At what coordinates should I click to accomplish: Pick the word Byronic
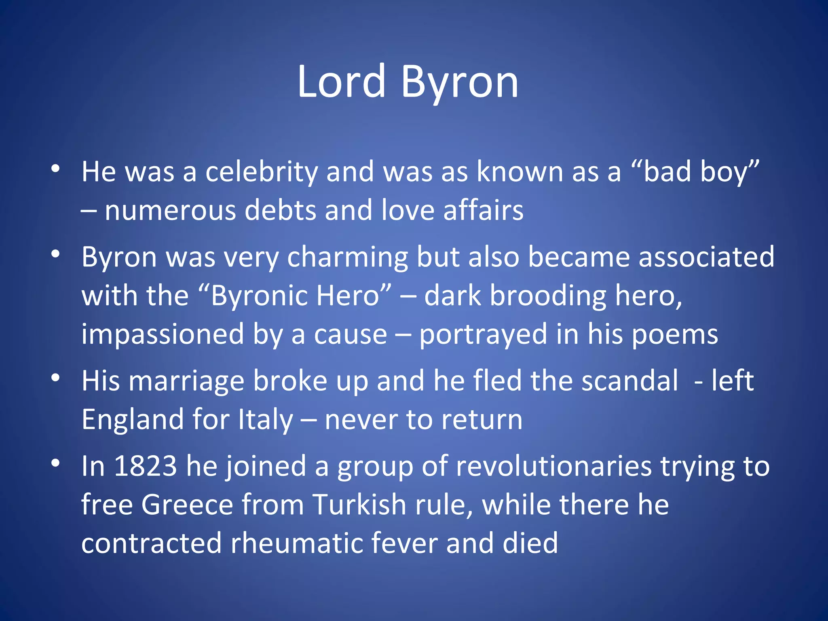(259, 296)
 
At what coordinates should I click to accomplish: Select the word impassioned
(163, 334)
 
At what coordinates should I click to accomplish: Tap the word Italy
(266, 420)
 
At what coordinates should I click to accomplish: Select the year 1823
(145, 466)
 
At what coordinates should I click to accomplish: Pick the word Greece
(188, 505)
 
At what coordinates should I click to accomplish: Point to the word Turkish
(359, 505)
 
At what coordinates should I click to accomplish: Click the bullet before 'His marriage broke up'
(55, 378)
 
